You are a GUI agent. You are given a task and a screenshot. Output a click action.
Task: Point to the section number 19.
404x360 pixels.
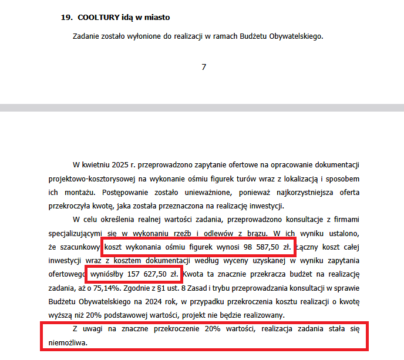tap(66, 18)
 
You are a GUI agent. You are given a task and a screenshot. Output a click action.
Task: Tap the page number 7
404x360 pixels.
tap(204, 67)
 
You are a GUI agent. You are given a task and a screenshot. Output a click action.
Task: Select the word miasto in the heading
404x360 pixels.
tap(157, 18)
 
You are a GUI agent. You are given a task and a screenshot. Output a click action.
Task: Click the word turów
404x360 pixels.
tap(267, 178)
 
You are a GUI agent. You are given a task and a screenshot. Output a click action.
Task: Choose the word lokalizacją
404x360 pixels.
tap(316, 178)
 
